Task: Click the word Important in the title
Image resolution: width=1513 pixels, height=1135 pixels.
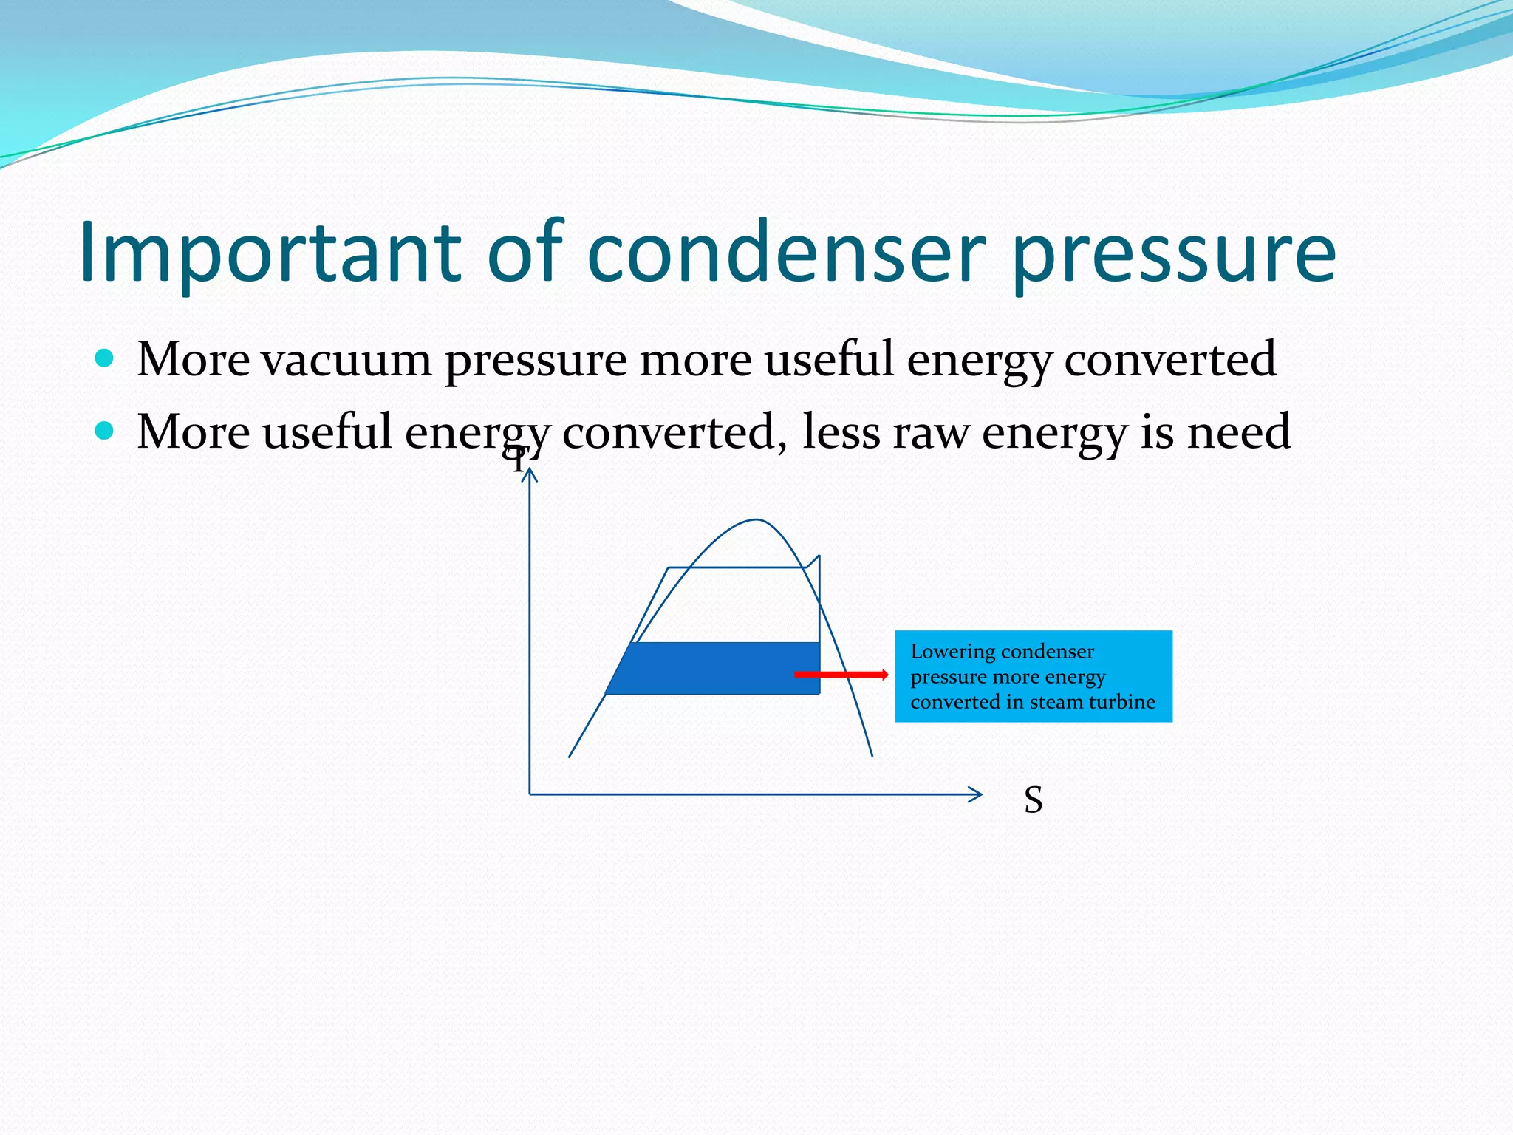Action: tap(270, 253)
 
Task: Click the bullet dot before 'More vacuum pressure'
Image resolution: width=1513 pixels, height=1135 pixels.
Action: tap(105, 359)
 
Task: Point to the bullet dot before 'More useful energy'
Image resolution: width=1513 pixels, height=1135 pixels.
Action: tap(105, 431)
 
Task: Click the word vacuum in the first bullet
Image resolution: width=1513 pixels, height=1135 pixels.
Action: tap(346, 361)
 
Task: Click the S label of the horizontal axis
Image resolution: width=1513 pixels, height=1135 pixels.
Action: tap(1033, 800)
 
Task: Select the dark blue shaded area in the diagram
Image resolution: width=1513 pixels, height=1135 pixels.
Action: tap(709, 669)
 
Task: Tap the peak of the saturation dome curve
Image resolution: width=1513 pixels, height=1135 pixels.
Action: tap(756, 520)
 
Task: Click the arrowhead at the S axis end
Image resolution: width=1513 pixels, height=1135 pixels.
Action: tap(977, 794)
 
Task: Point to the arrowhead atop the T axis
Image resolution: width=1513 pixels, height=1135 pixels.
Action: tap(530, 474)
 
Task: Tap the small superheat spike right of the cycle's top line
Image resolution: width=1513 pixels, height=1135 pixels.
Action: tap(816, 559)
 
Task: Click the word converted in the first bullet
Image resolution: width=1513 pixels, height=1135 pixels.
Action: tap(1169, 361)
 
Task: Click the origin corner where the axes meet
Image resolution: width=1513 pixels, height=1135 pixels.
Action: tap(530, 794)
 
